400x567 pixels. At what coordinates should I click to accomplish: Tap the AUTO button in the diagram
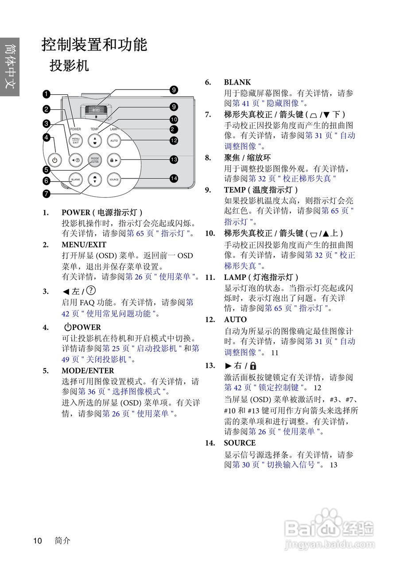(114, 141)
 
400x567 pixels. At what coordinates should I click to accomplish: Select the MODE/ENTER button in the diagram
(94, 160)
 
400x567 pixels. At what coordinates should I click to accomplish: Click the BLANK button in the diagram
(76, 179)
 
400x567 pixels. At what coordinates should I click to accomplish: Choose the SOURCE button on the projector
(114, 179)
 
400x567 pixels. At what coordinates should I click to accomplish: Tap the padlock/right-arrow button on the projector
(114, 160)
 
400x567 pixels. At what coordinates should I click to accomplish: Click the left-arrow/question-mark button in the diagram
(76, 160)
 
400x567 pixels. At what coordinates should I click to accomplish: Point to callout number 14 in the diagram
(174, 178)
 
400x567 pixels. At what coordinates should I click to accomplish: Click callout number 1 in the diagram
(47, 93)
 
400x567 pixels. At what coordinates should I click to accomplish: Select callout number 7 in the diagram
(47, 193)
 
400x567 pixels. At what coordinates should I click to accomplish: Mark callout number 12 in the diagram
(174, 140)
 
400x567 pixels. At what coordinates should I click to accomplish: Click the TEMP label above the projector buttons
(94, 129)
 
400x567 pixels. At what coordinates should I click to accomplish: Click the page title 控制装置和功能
(94, 45)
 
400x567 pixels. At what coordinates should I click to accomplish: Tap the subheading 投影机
(69, 66)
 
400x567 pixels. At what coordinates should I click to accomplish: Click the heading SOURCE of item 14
(240, 443)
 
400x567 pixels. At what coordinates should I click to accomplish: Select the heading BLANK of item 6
(237, 82)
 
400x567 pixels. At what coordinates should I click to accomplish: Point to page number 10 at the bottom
(38, 540)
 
